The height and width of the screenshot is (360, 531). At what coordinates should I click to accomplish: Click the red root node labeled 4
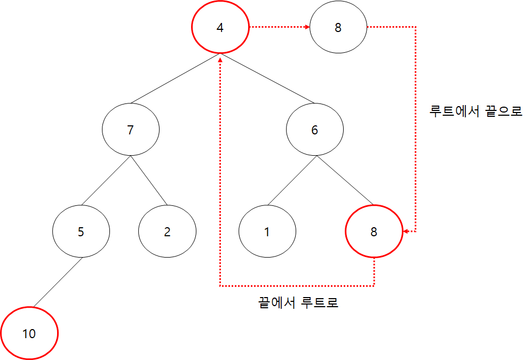point(220,28)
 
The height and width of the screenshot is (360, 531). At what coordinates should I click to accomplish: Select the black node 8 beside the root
point(338,28)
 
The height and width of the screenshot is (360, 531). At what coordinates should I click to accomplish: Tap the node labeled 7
point(131,130)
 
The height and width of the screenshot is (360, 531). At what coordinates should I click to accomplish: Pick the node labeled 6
point(315,130)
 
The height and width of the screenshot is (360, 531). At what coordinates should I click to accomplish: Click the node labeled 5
point(81,232)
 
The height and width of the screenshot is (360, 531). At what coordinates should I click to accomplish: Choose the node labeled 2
point(167,232)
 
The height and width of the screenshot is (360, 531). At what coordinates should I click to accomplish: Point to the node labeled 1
point(267,232)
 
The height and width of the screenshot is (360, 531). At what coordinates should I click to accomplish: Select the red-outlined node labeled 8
point(374,232)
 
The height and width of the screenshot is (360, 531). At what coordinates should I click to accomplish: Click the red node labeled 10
point(29,334)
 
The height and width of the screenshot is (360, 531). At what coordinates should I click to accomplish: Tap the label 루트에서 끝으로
point(475,111)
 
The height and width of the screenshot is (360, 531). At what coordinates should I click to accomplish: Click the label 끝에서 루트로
point(298,303)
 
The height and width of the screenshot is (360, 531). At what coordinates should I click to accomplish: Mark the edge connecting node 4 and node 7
point(175,78)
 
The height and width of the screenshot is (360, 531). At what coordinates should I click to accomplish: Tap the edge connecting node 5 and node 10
point(56,283)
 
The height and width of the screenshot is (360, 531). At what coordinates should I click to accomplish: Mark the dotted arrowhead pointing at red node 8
point(406,232)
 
